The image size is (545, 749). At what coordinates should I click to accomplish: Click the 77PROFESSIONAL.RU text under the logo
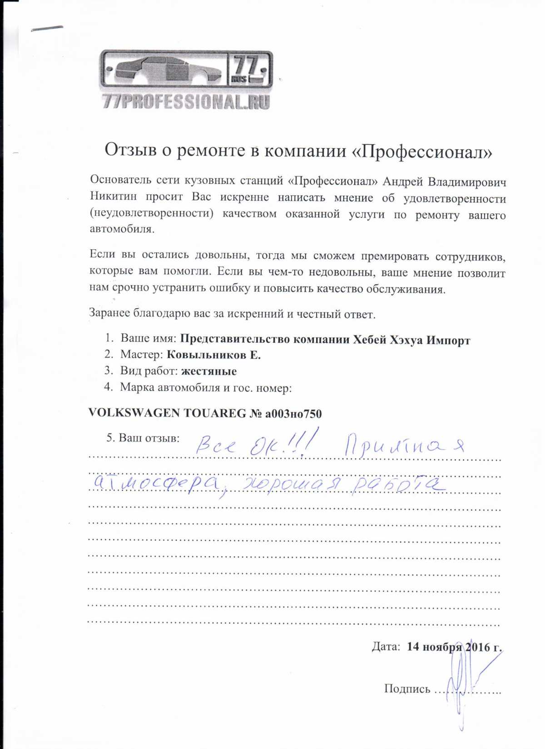click(x=186, y=102)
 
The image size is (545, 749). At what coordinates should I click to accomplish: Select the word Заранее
click(x=109, y=313)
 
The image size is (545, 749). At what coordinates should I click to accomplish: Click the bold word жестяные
click(x=208, y=372)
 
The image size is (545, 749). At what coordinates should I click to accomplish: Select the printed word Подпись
click(x=407, y=689)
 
